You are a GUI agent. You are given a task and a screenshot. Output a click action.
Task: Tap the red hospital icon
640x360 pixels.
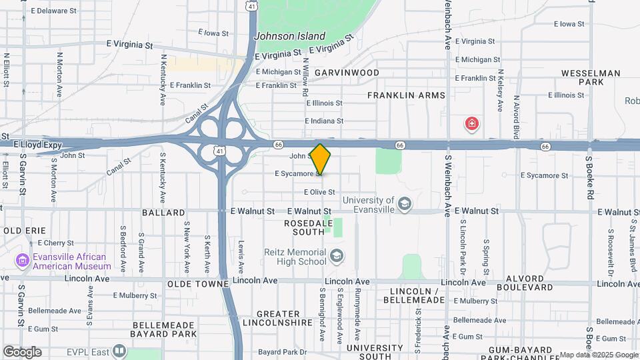pyautogui.click(x=472, y=123)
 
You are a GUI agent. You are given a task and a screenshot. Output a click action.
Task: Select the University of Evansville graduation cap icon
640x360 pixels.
pyautogui.click(x=403, y=203)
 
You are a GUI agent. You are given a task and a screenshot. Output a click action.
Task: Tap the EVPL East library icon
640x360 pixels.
pyautogui.click(x=119, y=350)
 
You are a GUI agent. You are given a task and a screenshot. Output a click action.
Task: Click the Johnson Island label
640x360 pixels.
pyautogui.click(x=291, y=37)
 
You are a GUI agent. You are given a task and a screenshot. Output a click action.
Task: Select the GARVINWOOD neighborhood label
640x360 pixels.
pyautogui.click(x=347, y=73)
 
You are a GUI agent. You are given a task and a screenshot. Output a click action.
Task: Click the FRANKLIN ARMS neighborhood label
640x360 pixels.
pyautogui.click(x=406, y=95)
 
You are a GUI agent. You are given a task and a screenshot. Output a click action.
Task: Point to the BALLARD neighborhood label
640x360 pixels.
pyautogui.click(x=163, y=213)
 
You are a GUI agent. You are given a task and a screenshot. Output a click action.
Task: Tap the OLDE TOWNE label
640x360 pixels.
pyautogui.click(x=198, y=283)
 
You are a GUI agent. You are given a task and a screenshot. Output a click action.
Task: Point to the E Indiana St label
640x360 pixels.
pyautogui.click(x=324, y=121)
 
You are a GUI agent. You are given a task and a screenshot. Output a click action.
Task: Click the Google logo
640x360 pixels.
pyautogui.click(x=21, y=351)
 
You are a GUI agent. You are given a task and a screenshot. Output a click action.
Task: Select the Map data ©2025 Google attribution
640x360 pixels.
pyautogui.click(x=598, y=355)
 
